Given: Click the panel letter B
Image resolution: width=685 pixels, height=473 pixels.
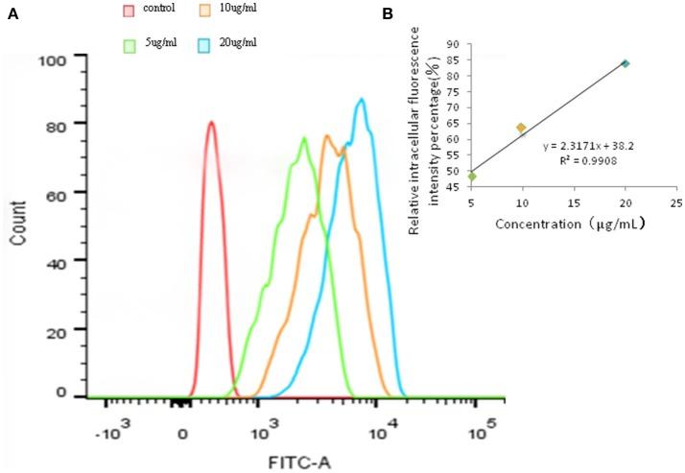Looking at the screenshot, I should (x=388, y=13).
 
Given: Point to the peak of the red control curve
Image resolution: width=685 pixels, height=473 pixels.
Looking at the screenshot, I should (x=210, y=122).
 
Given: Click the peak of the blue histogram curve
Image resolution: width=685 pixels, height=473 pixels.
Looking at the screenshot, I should (x=361, y=99).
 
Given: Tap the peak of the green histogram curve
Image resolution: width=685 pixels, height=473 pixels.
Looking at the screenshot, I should (x=303, y=138).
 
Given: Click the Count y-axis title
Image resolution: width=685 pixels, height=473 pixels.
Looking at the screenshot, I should (x=17, y=225).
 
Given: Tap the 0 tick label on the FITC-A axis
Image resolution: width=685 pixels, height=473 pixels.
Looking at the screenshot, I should (x=184, y=432).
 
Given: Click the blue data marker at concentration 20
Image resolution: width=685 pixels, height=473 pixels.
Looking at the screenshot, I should (x=625, y=63).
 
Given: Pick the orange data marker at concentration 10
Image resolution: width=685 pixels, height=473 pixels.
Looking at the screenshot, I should (x=521, y=128).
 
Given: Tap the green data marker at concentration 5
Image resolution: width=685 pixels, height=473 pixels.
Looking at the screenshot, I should (x=471, y=176).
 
